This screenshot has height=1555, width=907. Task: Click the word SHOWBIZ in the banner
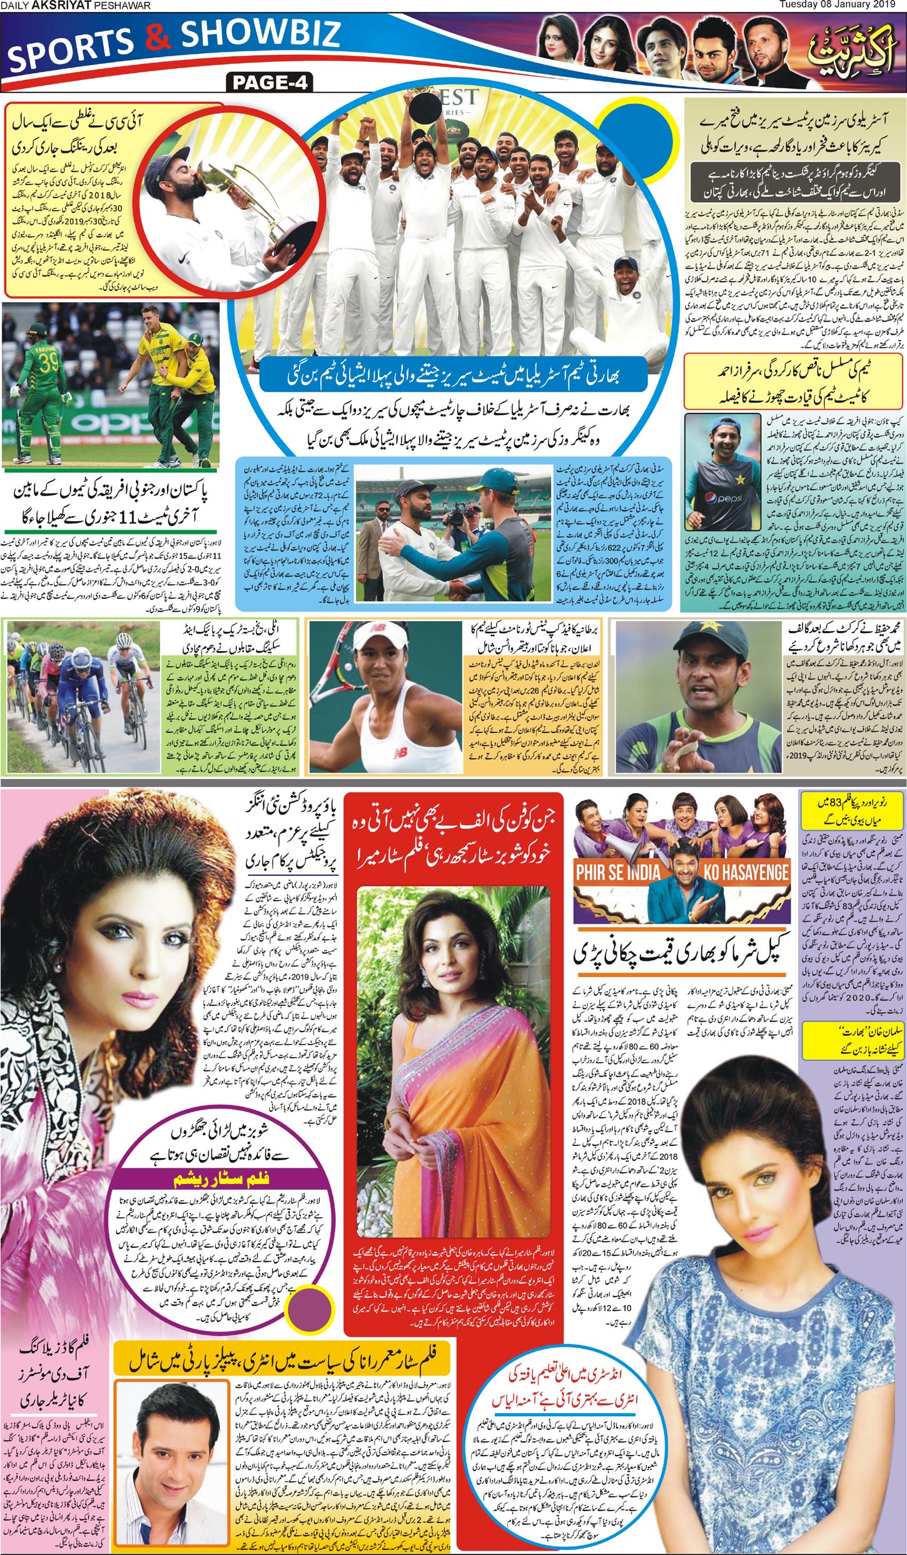point(261,36)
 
